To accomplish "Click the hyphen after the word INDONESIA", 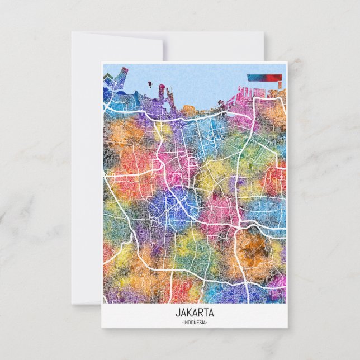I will [206, 323].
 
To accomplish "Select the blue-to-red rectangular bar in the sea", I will [264, 78].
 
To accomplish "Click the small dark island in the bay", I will [151, 85].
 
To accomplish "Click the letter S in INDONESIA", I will [200, 323].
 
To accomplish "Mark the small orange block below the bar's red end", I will [278, 85].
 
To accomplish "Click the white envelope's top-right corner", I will [262, 33].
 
